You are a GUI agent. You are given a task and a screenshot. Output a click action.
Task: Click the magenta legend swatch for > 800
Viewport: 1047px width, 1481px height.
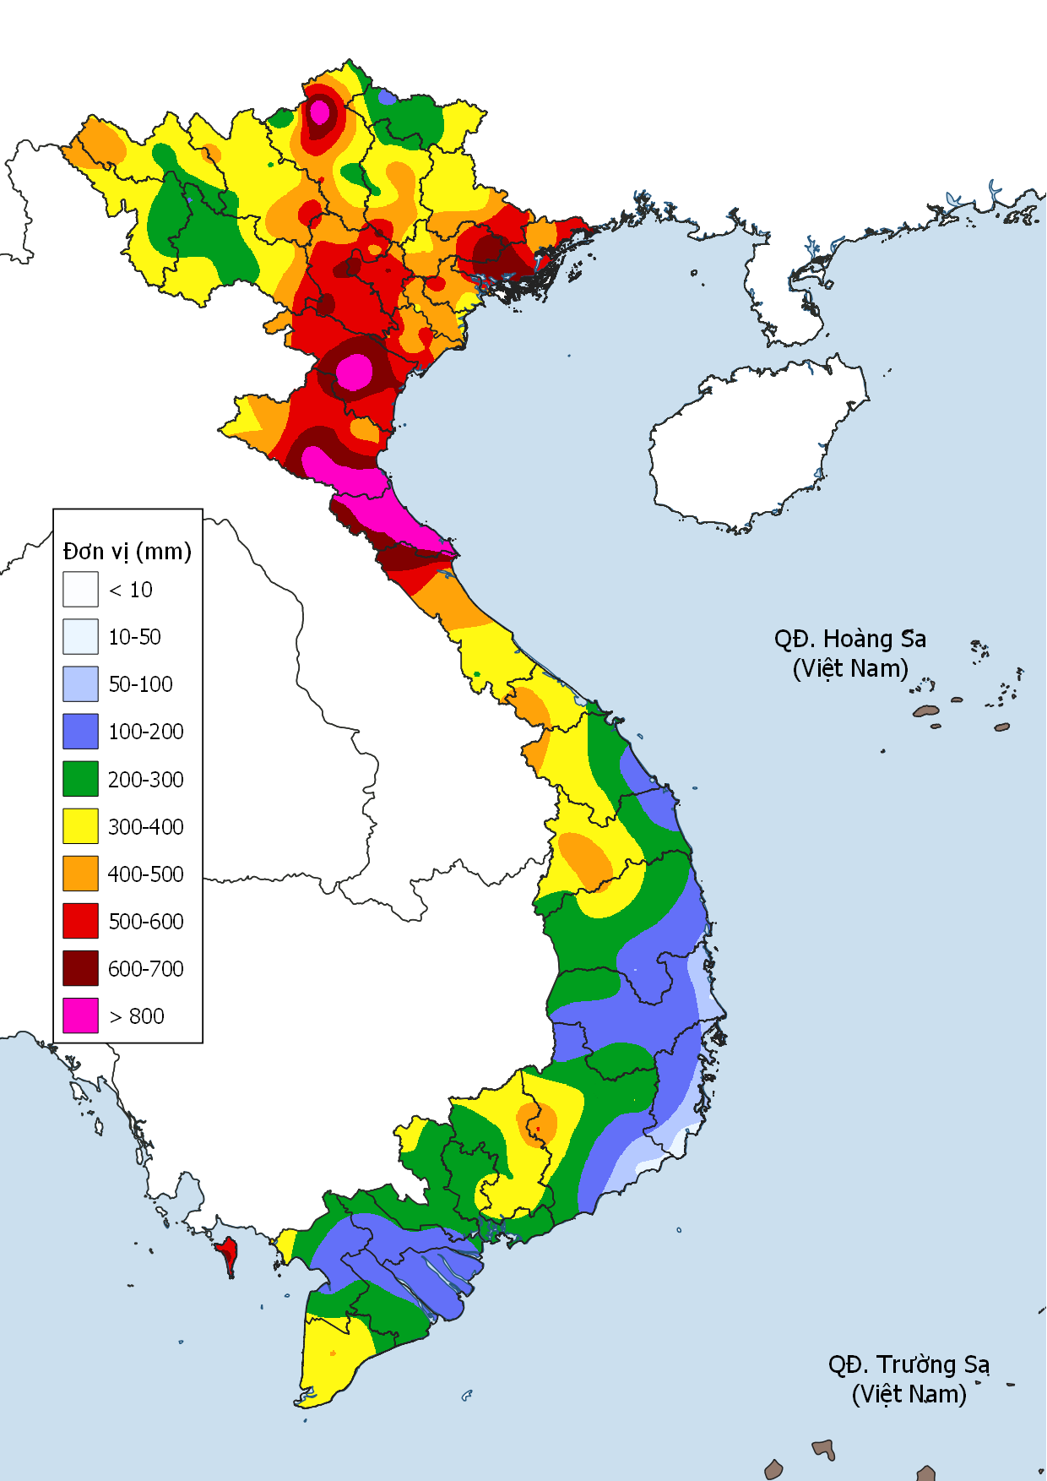pos(80,1015)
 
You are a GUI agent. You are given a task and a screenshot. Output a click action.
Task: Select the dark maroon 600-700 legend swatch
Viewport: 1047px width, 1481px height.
pos(80,968)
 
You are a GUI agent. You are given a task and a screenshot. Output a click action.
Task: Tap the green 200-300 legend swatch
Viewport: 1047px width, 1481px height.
pos(80,779)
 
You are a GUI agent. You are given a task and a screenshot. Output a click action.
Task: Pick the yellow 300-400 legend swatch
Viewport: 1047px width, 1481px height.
pos(80,826)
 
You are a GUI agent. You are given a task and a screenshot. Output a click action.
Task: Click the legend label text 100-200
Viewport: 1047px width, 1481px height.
pos(145,732)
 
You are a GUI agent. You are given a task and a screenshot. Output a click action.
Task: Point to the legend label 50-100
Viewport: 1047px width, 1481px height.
pos(140,684)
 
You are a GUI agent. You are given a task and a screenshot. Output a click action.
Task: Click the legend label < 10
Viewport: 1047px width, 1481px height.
pos(131,590)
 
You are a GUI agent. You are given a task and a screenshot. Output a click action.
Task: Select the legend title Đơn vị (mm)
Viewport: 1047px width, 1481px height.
pos(127,551)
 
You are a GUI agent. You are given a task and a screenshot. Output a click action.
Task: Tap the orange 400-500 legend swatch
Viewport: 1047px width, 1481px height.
pos(80,874)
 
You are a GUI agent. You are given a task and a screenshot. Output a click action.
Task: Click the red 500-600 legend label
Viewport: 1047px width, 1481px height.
pos(145,921)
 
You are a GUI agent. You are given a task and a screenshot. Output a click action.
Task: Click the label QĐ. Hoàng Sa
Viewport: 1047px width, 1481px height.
pos(849,639)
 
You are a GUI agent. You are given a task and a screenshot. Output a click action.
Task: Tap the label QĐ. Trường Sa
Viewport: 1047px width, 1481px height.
pos(909,1364)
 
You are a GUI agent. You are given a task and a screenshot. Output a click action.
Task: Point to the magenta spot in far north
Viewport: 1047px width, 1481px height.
pos(320,111)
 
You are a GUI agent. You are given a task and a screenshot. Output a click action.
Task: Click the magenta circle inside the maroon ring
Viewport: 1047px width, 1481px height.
pos(355,372)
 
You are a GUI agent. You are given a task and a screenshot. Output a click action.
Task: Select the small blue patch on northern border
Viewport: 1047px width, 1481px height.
pos(387,97)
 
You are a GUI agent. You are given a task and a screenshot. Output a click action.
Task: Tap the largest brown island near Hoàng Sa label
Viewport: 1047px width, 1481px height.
pos(926,711)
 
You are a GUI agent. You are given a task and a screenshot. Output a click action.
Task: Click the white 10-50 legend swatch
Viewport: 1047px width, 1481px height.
pos(80,637)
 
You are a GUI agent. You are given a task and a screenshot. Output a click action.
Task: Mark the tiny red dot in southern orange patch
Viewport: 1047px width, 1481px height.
pos(538,1129)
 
